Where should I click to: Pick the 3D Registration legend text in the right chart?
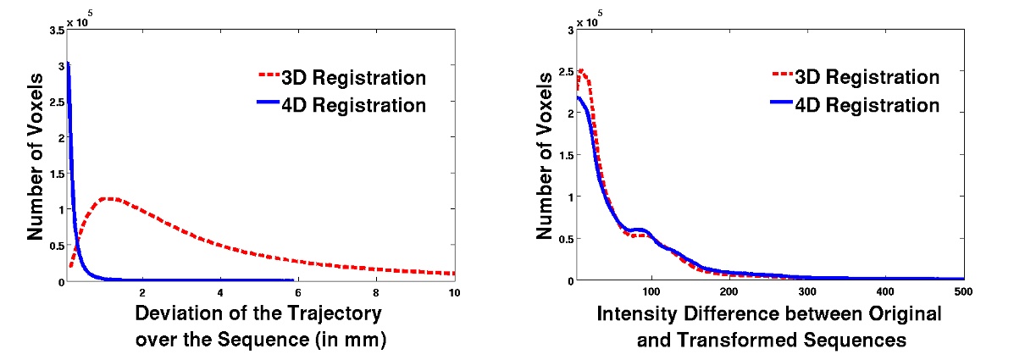867,77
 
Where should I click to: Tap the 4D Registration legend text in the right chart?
867,105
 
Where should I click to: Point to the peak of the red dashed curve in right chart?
580,71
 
